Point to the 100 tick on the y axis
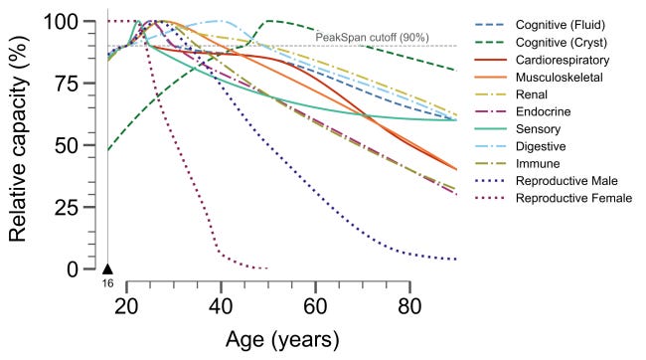75,21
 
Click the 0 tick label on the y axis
86,269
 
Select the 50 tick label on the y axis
81,145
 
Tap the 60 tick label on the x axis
315,305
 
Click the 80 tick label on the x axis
409,305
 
